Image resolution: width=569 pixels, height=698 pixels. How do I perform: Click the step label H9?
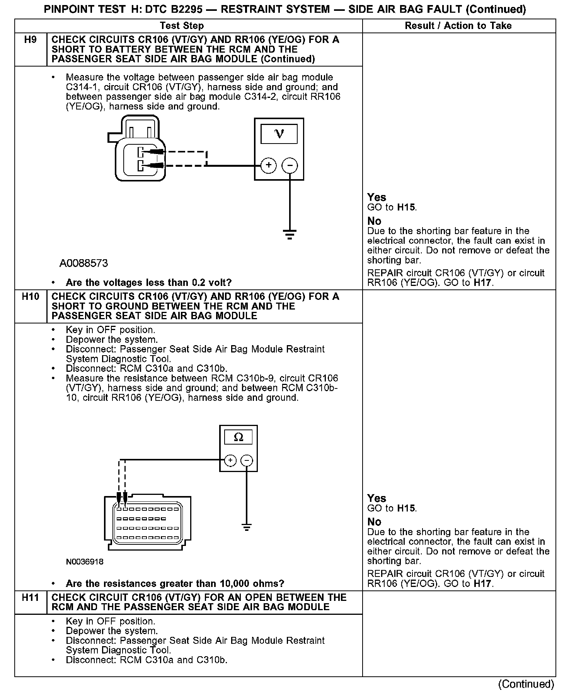click(30, 40)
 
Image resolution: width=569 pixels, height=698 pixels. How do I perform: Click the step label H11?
click(30, 597)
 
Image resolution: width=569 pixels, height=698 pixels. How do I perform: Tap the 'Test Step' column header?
click(182, 26)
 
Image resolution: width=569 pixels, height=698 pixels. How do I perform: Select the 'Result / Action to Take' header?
click(458, 26)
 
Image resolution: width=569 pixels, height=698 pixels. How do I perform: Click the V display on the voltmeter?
click(279, 134)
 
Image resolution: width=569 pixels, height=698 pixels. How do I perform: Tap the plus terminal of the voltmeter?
click(269, 166)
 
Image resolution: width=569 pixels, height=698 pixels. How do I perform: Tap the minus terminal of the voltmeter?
click(290, 166)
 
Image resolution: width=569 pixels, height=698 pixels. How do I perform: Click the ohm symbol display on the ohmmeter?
click(239, 437)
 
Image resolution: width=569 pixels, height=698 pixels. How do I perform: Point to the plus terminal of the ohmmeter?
click(230, 460)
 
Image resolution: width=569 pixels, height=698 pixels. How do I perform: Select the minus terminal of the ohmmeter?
click(247, 460)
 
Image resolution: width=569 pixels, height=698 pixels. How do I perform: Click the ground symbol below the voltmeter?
click(290, 234)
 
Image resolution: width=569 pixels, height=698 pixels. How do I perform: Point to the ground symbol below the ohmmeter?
click(247, 527)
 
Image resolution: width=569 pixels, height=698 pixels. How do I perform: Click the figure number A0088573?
click(83, 263)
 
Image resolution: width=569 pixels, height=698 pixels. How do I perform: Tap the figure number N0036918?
click(85, 561)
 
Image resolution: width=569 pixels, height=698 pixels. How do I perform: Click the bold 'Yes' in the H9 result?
click(376, 197)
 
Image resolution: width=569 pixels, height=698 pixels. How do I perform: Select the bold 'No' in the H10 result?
click(374, 522)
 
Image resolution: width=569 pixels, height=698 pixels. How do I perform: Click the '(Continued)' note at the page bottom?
click(526, 684)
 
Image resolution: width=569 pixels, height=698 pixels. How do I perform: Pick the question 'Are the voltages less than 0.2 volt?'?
click(148, 283)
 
